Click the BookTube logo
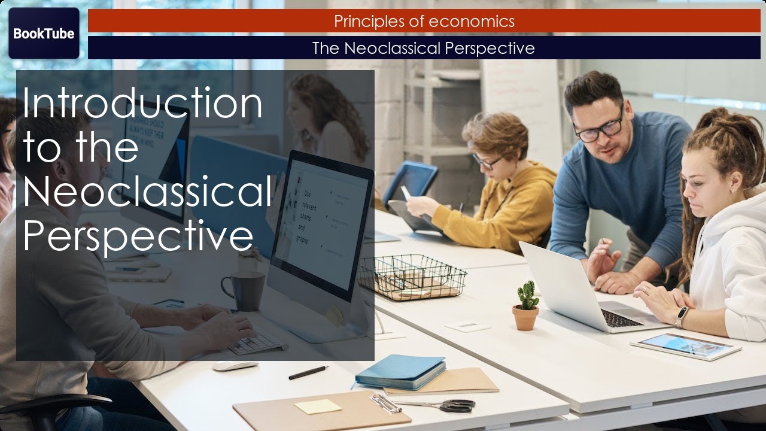pos(44,34)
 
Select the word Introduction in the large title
pos(142,103)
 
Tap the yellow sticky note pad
pos(317,406)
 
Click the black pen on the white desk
pos(308,372)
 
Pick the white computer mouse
pos(235,366)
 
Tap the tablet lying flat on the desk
pos(685,346)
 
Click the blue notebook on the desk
pos(400,370)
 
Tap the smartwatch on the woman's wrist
pos(682,316)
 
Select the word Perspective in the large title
pos(138,236)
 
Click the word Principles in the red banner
pos(370,22)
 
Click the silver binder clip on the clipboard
pos(385,403)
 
